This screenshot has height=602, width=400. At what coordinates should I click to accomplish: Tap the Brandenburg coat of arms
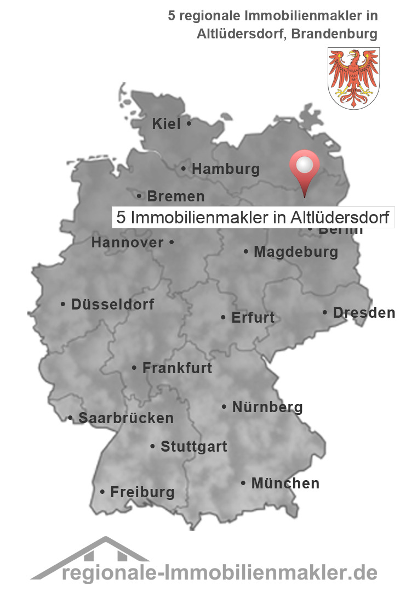point(353,77)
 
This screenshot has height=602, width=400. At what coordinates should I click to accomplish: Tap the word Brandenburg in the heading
point(334,33)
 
